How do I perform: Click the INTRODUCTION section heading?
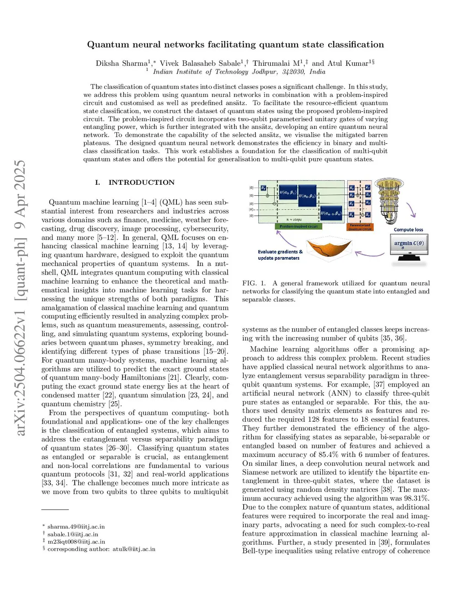(x=141, y=182)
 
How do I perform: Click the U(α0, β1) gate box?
(x=288, y=193)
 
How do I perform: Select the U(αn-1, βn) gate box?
(x=331, y=213)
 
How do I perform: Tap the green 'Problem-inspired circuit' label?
(x=298, y=226)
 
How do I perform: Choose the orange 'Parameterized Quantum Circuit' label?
(x=360, y=227)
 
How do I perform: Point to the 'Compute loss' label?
(x=408, y=230)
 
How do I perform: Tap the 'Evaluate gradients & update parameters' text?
(x=280, y=255)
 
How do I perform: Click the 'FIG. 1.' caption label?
(x=254, y=283)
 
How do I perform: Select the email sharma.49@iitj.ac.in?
(x=76, y=526)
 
